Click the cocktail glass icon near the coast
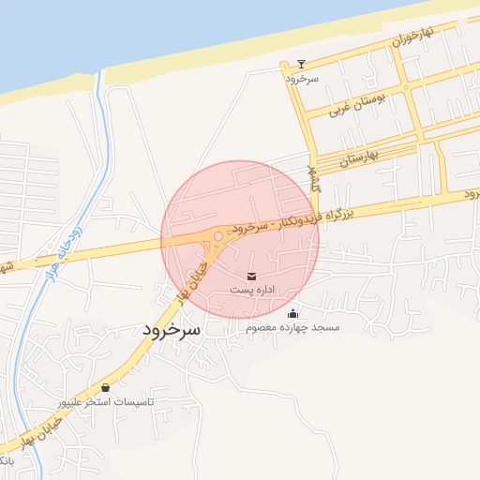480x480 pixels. (301, 65)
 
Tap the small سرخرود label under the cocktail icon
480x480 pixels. (303, 79)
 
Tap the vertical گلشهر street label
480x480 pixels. (314, 178)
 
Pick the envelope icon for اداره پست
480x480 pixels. (251, 276)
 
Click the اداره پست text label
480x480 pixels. (252, 291)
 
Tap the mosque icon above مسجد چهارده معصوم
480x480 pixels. (293, 314)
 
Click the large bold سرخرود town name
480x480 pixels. (172, 330)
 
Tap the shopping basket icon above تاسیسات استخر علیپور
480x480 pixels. (105, 387)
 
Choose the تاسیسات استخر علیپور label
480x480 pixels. (106, 401)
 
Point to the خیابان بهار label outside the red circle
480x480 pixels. (42, 432)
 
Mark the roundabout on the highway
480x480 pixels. (217, 237)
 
